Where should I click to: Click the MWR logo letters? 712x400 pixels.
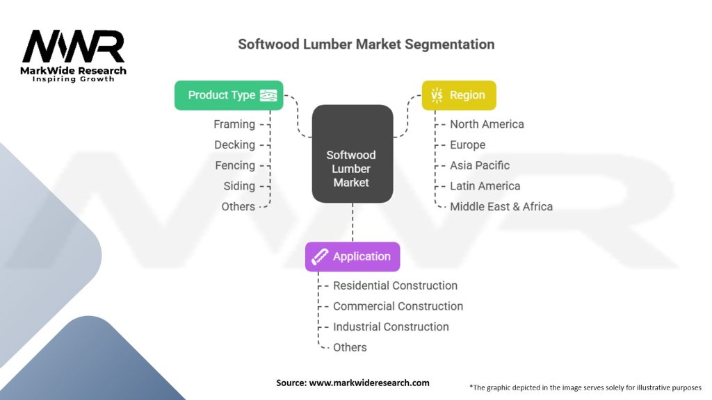pos(74,47)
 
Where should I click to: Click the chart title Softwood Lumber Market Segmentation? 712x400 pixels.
pos(366,44)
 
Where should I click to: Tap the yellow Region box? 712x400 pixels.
pos(459,95)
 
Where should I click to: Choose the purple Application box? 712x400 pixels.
pos(353,256)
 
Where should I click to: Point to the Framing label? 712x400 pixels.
pos(234,124)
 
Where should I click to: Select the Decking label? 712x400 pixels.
pos(234,144)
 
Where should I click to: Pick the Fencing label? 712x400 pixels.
pos(234,165)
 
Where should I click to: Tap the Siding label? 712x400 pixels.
pos(238,186)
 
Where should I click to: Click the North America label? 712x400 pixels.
pos(487,124)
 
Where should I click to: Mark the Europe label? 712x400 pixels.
pos(467,144)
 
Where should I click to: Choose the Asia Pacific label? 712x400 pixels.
pos(480,165)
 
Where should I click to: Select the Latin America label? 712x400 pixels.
pos(485,186)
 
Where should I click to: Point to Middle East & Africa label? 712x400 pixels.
pos(501,206)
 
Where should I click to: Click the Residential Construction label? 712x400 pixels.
pos(395,285)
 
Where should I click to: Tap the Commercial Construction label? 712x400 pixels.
pos(398,306)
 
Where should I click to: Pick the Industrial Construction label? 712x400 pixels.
pos(391,326)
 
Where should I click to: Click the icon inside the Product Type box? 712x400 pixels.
pos(268,95)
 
